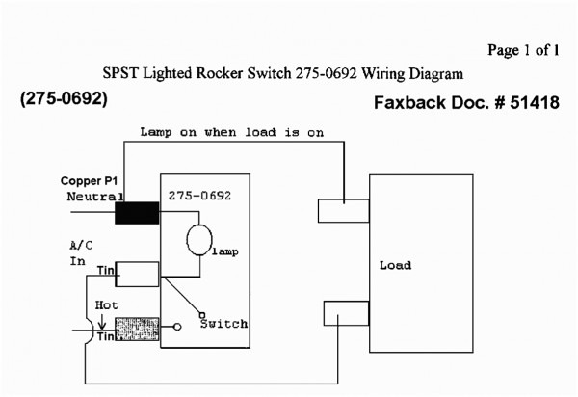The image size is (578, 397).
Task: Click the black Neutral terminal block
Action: pyautogui.click(x=137, y=212)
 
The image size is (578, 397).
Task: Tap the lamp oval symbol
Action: pyautogui.click(x=199, y=240)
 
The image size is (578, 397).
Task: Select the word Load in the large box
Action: pyautogui.click(x=395, y=265)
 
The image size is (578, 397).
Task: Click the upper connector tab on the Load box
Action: pyautogui.click(x=343, y=210)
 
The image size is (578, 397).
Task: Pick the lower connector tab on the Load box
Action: pyautogui.click(x=343, y=314)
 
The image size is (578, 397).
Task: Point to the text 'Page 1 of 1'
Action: pyautogui.click(x=523, y=49)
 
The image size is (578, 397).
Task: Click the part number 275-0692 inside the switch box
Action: pyautogui.click(x=199, y=196)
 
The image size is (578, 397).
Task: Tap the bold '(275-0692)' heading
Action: pyautogui.click(x=64, y=99)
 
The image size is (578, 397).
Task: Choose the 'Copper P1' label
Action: pyautogui.click(x=89, y=181)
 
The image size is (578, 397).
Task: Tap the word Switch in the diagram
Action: pyautogui.click(x=223, y=324)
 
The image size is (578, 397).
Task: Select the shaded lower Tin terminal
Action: pyautogui.click(x=137, y=330)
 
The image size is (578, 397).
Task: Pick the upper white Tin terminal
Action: pyautogui.click(x=136, y=274)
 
